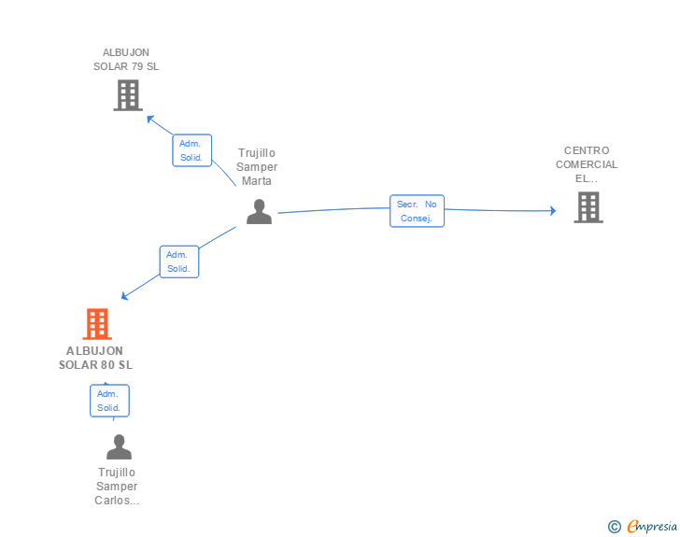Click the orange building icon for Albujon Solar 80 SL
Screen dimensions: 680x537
click(97, 323)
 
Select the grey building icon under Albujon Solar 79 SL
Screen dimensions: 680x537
click(128, 95)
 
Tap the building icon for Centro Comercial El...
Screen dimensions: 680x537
click(588, 207)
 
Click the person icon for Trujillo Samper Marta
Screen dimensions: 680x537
click(259, 212)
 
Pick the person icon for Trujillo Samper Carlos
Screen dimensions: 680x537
click(119, 446)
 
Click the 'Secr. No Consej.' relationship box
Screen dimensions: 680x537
click(417, 211)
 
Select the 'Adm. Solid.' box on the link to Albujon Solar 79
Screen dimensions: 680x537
click(191, 150)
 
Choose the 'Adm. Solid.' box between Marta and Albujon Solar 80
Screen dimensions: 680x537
click(178, 261)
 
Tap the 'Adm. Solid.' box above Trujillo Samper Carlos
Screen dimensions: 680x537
click(109, 401)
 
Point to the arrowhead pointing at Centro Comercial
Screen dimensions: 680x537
click(553, 211)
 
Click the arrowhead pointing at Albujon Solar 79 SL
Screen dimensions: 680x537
click(150, 119)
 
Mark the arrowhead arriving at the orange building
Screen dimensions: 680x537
click(124, 296)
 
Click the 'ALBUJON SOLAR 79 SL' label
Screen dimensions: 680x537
click(126, 60)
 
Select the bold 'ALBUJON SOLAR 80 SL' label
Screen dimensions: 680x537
click(95, 358)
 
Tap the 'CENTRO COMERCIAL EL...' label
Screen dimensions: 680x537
click(587, 164)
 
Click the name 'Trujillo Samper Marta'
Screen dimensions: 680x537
click(257, 167)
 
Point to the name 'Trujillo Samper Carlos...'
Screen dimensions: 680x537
click(117, 487)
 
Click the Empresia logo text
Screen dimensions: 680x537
click(652, 526)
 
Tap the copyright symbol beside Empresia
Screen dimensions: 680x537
click(614, 527)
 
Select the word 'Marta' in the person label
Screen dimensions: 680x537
click(257, 181)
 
